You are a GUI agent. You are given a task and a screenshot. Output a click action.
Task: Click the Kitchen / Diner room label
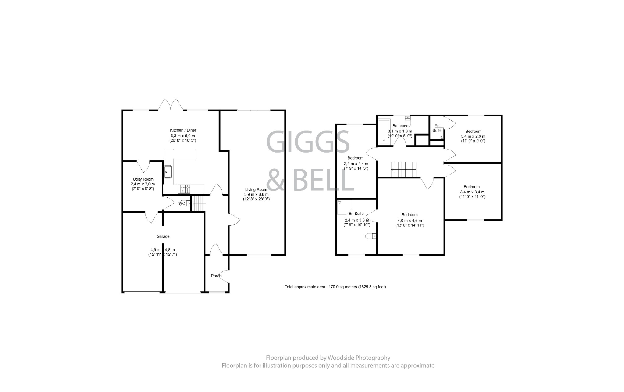pyautogui.click(x=183, y=130)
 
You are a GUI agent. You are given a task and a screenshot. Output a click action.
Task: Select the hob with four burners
pyautogui.click(x=185, y=189)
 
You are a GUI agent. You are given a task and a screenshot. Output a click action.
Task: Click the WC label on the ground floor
pyautogui.click(x=182, y=203)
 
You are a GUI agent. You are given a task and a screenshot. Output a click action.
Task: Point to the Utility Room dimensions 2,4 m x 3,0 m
pyautogui.click(x=143, y=184)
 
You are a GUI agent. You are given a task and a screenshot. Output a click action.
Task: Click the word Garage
pyautogui.click(x=163, y=236)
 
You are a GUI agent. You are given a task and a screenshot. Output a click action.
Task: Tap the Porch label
pyautogui.click(x=216, y=276)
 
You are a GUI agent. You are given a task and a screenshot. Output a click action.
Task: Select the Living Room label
pyautogui.click(x=256, y=189)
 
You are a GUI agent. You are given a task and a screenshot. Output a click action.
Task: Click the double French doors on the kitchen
pyautogui.click(x=171, y=105)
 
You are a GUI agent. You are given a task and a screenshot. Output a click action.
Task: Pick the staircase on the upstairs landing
pyautogui.click(x=403, y=169)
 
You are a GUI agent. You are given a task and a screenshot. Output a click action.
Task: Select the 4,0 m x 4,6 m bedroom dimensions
pyautogui.click(x=409, y=221)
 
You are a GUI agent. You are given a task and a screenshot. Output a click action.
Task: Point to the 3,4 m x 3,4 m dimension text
pyautogui.click(x=472, y=192)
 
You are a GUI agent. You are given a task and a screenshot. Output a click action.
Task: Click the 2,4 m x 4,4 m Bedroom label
pyautogui.click(x=355, y=158)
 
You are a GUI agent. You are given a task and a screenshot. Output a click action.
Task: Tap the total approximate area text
pyautogui.click(x=335, y=287)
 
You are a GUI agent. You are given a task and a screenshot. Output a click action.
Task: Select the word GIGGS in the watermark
pyautogui.click(x=308, y=142)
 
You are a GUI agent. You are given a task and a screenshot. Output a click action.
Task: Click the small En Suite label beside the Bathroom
pyautogui.click(x=437, y=128)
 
